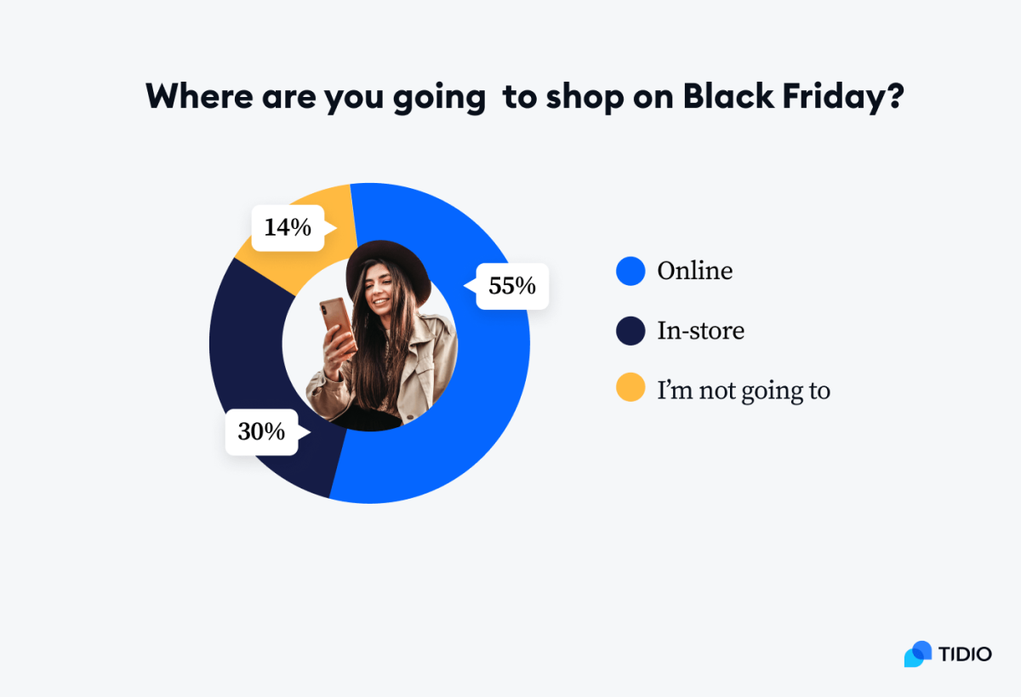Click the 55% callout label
pos(512,286)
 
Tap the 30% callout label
pos(261,431)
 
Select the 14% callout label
pos(288,227)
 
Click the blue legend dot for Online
pos(630,271)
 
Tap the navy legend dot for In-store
pos(630,330)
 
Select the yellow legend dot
pos(630,390)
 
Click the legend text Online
pos(694,271)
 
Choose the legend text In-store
pos(700,330)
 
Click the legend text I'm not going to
pos(743,391)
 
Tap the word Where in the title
pos(198,96)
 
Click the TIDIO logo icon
pos(918,654)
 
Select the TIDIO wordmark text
pos(966,654)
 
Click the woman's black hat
pos(387,260)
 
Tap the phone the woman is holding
pos(336,321)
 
